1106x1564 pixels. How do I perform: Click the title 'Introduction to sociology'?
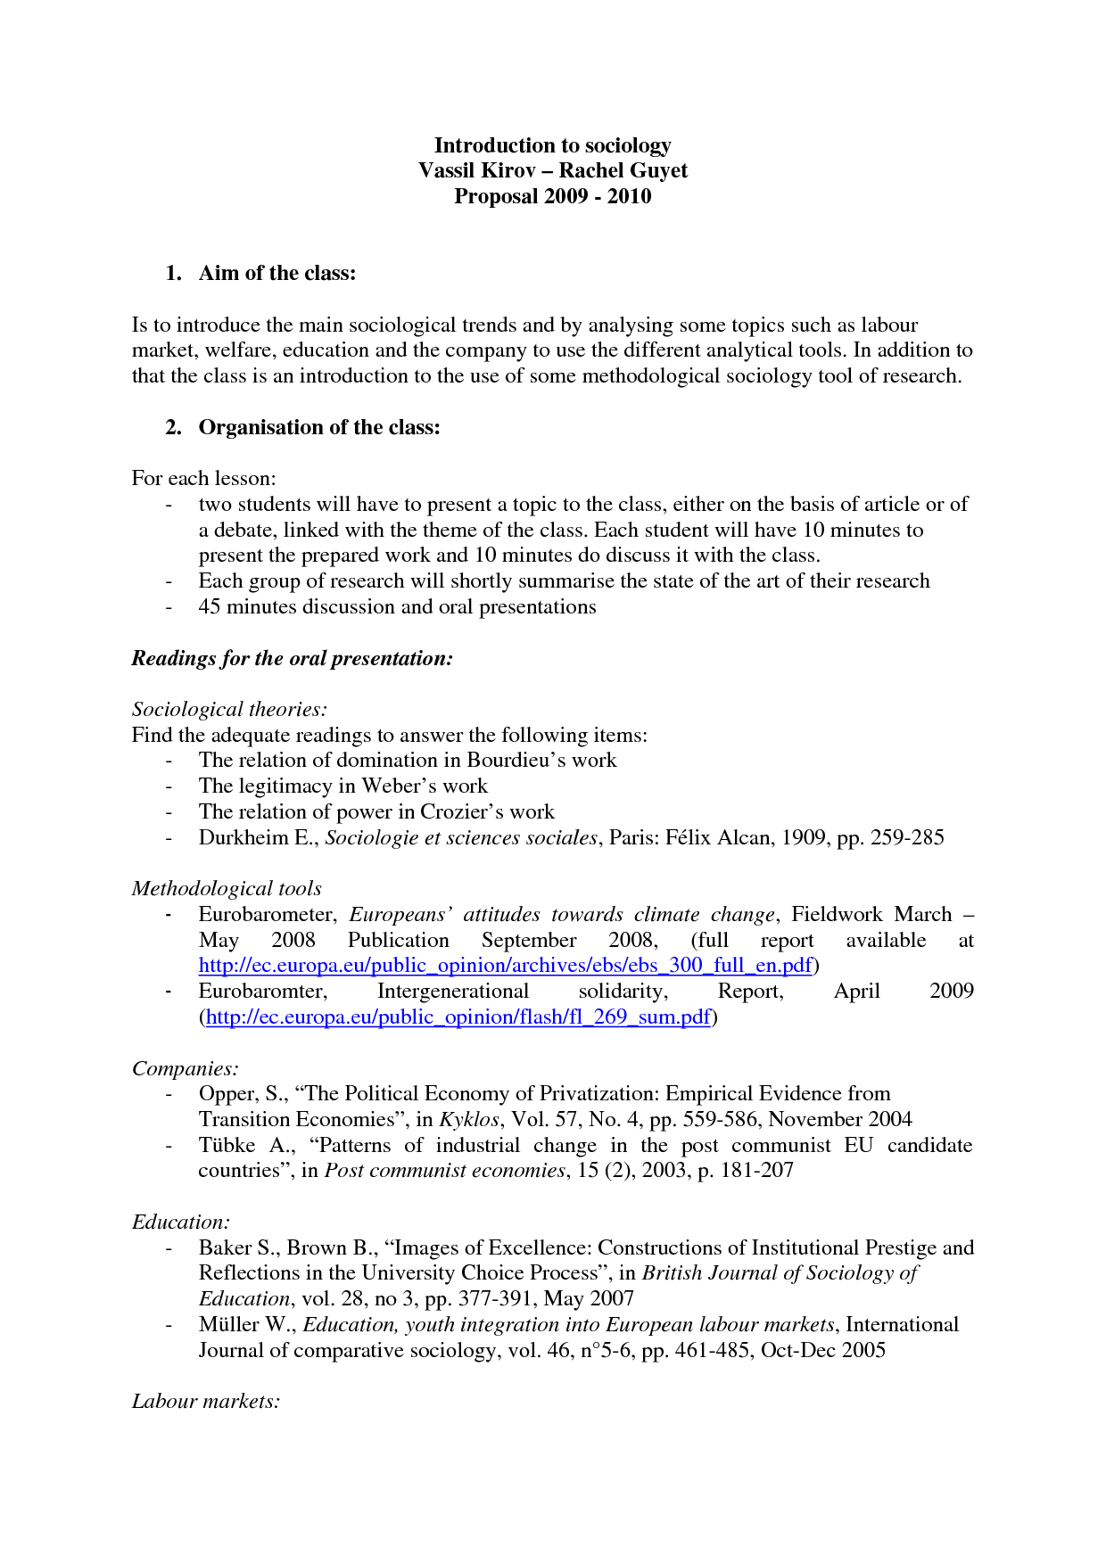point(552,145)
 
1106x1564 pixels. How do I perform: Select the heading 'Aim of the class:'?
point(276,273)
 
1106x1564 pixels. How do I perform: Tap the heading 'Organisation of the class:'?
point(319,427)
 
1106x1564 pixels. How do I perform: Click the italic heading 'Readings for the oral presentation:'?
point(292,658)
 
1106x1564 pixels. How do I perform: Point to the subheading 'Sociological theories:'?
point(229,709)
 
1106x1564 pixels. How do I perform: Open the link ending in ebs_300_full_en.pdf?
point(505,965)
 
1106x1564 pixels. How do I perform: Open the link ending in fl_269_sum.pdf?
point(458,1017)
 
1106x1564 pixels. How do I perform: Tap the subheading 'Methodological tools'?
point(227,888)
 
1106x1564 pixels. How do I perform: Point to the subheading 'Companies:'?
point(185,1068)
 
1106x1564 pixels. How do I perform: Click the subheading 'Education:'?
point(180,1222)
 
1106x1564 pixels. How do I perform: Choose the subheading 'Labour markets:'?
point(205,1401)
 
